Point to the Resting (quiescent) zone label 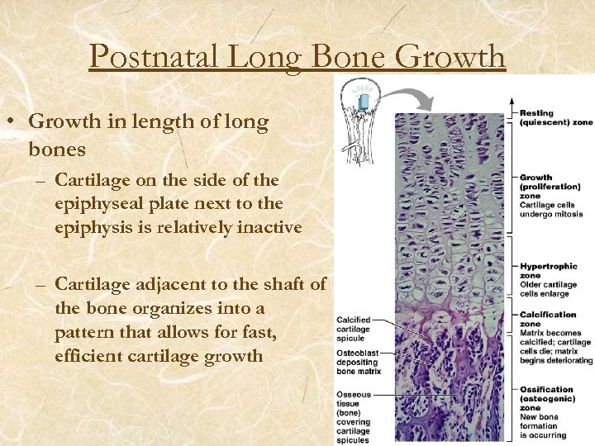click(x=555, y=117)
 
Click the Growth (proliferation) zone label click(x=550, y=182)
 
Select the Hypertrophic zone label click(x=548, y=271)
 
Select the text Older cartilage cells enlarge click(x=548, y=290)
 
